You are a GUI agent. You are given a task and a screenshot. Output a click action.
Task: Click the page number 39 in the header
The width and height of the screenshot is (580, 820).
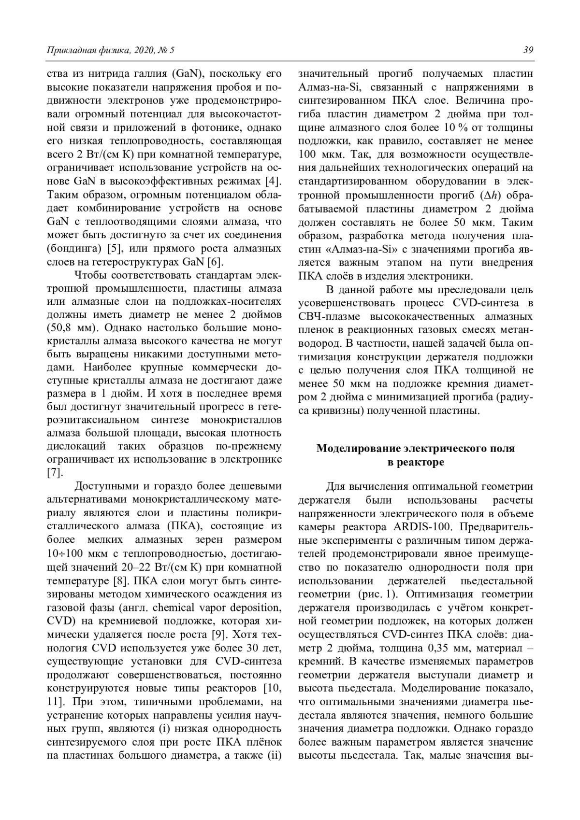pos(528,50)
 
